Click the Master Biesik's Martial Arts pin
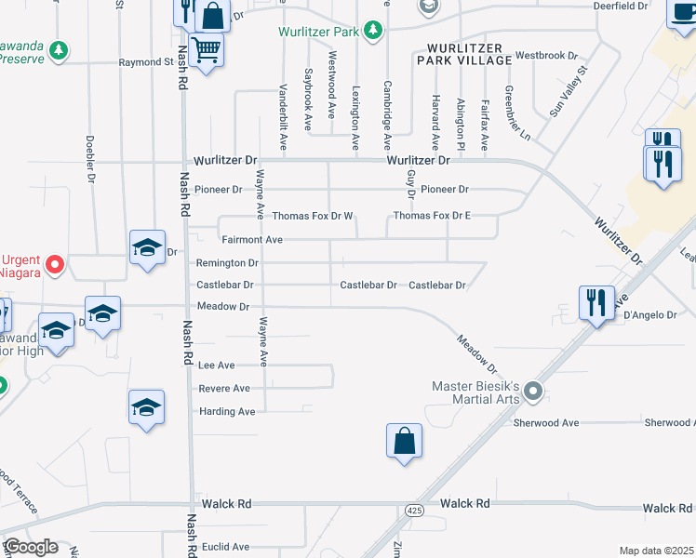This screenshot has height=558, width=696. (533, 392)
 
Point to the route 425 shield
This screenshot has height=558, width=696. (414, 510)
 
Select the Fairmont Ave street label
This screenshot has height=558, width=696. (251, 239)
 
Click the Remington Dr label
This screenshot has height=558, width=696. (227, 263)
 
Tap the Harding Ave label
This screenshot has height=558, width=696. (226, 411)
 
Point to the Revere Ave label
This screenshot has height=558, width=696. (224, 388)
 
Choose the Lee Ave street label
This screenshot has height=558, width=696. (217, 365)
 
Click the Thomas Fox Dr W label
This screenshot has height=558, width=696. (313, 216)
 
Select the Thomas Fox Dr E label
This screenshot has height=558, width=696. (432, 216)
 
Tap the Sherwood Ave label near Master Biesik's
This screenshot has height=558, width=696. (546, 422)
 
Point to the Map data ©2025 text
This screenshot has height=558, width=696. (656, 551)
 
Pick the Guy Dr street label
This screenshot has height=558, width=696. (409, 183)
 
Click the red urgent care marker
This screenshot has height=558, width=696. (55, 265)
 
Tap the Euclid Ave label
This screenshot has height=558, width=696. (227, 547)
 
